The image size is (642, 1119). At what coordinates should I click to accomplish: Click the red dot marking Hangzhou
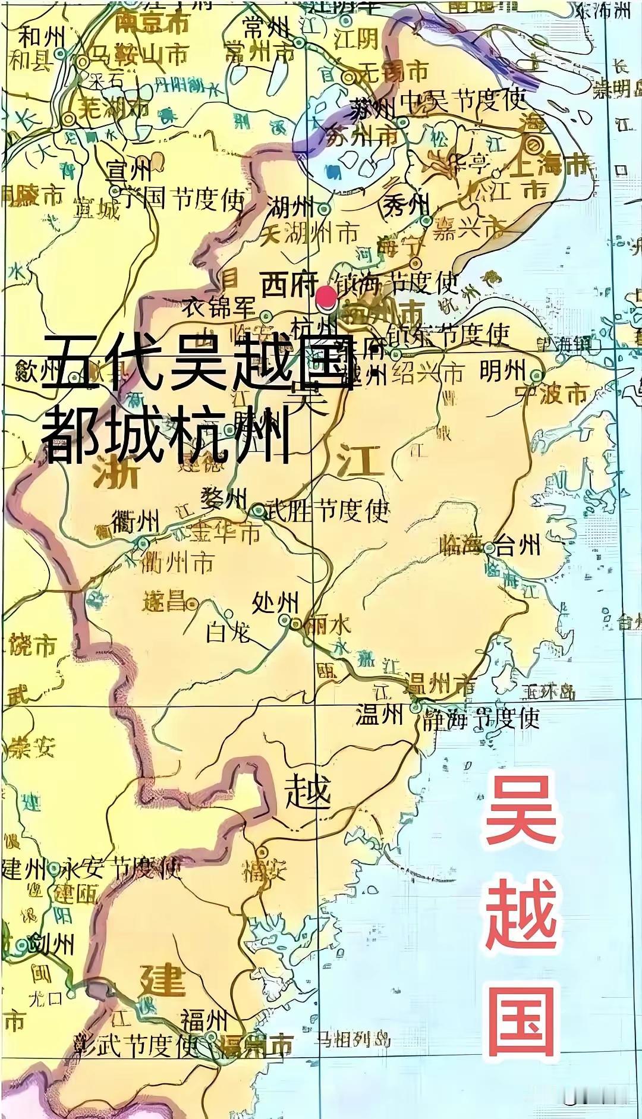coord(325,296)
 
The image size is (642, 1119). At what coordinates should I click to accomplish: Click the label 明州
coord(503,372)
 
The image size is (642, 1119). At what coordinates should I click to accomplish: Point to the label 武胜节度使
coord(327,510)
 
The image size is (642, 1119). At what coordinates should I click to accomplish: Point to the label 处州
coord(275,603)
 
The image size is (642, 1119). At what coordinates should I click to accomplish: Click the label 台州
coord(520,545)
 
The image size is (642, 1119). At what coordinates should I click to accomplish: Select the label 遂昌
coord(164,602)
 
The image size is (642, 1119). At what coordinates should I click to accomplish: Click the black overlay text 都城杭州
coord(166,437)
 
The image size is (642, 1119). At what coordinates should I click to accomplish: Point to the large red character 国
coord(521,1020)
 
